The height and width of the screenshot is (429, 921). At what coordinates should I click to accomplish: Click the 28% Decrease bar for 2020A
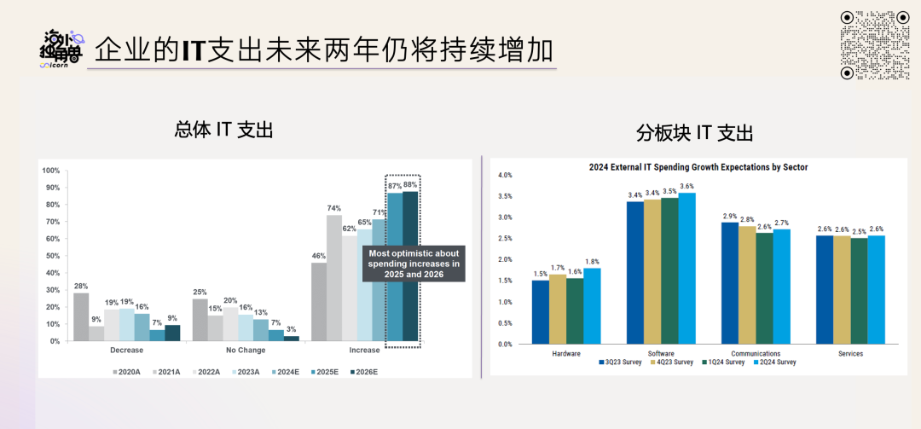[81, 316]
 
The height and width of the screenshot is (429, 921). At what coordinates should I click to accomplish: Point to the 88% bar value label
[410, 184]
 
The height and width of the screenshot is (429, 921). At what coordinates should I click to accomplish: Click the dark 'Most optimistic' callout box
[414, 264]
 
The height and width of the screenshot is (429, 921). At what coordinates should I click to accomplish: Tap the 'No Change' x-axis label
[246, 351]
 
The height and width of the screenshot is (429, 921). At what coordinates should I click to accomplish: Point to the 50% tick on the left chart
[52, 256]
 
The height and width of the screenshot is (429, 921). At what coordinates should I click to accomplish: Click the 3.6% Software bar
[686, 268]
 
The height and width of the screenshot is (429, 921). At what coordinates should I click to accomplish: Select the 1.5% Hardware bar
[541, 311]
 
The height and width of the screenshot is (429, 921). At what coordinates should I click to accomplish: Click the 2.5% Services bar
[859, 291]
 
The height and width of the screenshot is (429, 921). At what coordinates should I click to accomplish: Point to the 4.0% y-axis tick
[505, 175]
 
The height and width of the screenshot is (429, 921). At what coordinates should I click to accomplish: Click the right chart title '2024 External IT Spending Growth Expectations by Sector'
[698, 167]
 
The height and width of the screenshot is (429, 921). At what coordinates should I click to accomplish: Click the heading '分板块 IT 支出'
[695, 133]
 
